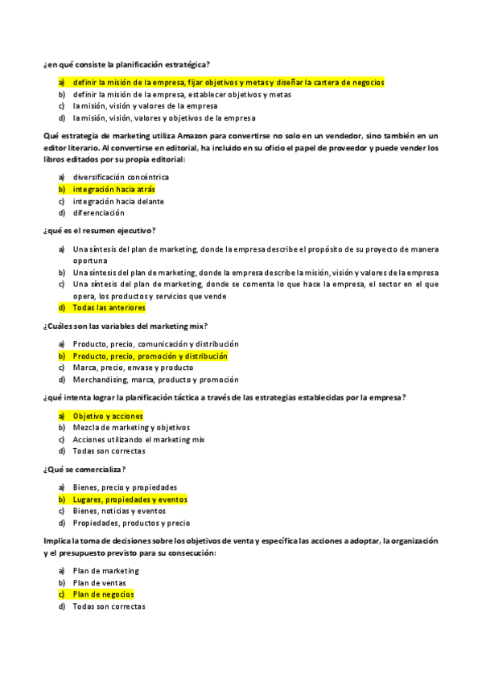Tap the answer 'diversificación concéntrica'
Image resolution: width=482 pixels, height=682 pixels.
121,177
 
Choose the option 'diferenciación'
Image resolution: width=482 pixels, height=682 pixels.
98,213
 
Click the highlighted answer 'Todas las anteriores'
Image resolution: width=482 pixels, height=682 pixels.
109,307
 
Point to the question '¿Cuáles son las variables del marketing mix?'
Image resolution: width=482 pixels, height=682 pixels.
126,326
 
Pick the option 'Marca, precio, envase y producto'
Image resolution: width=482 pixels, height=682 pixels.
127,368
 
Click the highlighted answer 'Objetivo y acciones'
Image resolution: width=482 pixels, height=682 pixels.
107,416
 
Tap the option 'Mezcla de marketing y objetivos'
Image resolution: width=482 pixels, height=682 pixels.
130,428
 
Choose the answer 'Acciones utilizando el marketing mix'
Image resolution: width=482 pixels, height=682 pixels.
138,440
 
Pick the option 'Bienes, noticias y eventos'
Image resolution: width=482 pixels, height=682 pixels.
119,511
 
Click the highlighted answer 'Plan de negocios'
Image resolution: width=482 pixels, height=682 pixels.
103,594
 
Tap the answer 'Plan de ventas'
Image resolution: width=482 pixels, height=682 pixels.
99,582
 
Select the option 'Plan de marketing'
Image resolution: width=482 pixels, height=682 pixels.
105,570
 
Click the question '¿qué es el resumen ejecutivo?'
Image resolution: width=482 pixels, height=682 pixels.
99,231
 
